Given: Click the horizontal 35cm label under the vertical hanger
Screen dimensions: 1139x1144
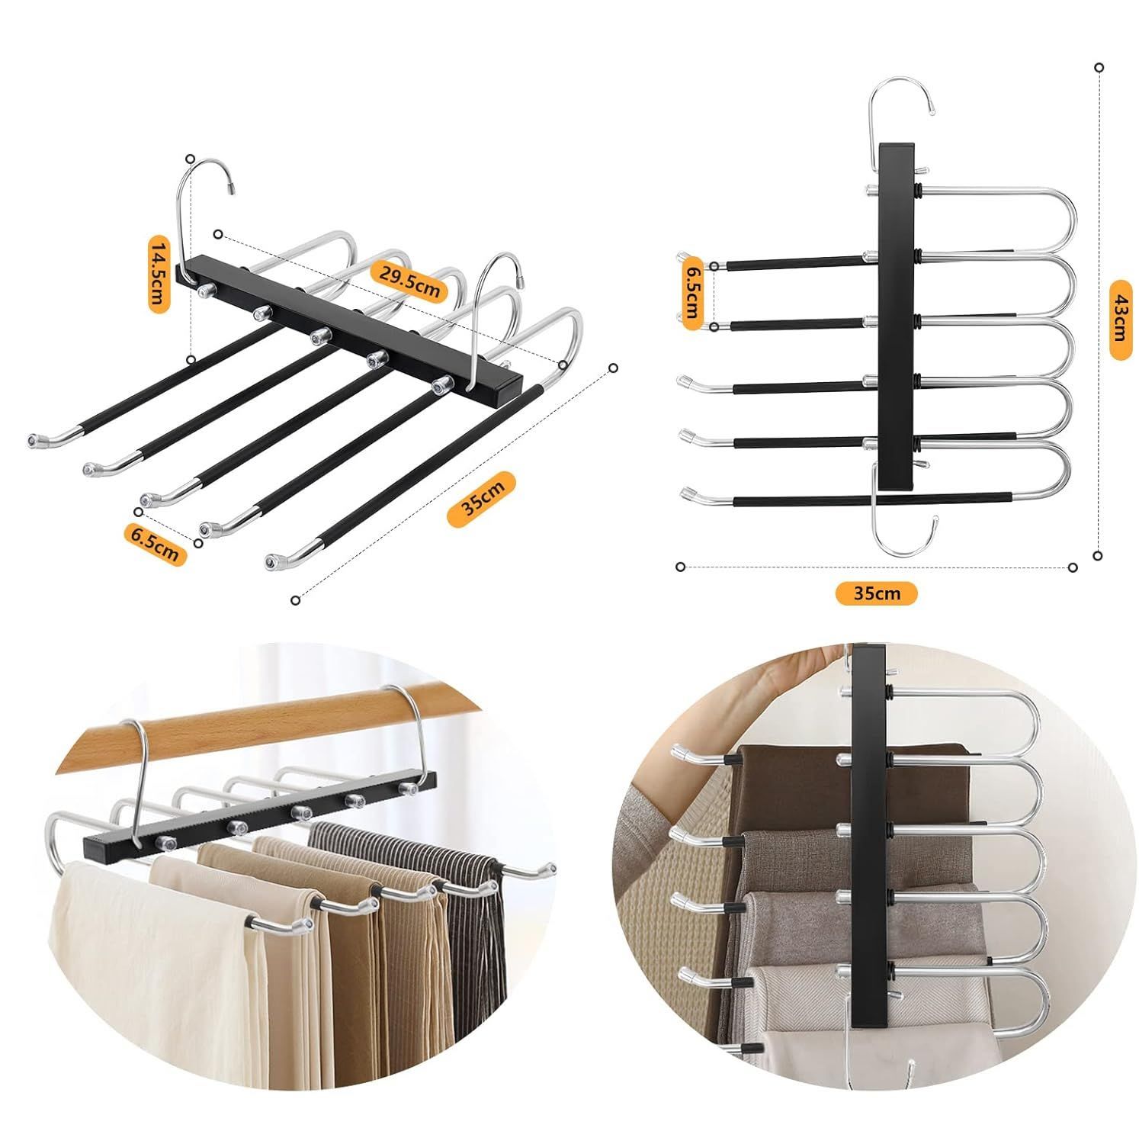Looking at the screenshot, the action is coord(877,593).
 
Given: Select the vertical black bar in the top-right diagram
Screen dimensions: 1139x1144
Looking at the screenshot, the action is coord(897,316).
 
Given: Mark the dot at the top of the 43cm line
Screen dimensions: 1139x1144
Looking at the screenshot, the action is coord(1098,68).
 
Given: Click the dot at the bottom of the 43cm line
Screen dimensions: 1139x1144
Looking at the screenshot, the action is coord(1098,555).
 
